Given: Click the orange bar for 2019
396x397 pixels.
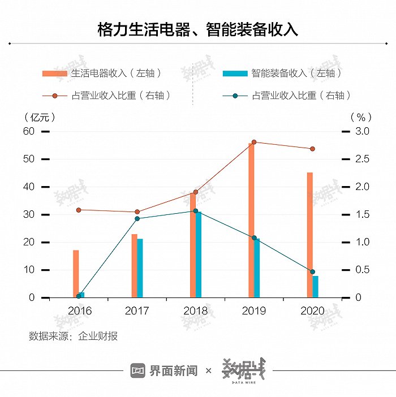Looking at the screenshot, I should pyautogui.click(x=251, y=221).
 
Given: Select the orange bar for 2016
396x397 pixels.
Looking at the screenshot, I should pyautogui.click(x=76, y=274).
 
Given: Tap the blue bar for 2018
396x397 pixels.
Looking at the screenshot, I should pyautogui.click(x=199, y=254).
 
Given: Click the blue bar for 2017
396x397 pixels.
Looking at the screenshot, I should pyautogui.click(x=140, y=268).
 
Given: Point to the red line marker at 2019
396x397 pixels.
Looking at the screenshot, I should pyautogui.click(x=254, y=142).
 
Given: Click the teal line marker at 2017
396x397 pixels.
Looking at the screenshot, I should pyautogui.click(x=137, y=218).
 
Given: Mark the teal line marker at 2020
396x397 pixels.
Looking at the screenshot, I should pyautogui.click(x=312, y=272).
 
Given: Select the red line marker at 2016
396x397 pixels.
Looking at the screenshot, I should pyautogui.click(x=79, y=210).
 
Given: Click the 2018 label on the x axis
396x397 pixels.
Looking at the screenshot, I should pyautogui.click(x=196, y=311).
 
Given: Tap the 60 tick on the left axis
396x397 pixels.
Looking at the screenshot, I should pyautogui.click(x=28, y=131).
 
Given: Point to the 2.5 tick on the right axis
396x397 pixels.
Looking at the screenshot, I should pyautogui.click(x=361, y=159).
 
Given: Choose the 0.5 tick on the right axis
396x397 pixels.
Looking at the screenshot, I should pyautogui.click(x=361, y=270).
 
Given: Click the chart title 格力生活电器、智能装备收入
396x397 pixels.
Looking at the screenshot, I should pyautogui.click(x=197, y=29).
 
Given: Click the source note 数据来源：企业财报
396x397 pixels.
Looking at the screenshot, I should pyautogui.click(x=74, y=336).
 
